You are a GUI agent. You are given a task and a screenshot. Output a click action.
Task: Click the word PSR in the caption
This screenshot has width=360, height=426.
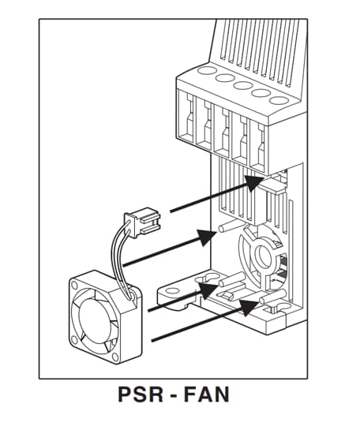141,394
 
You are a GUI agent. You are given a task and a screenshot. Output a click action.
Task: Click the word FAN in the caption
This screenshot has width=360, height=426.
207,394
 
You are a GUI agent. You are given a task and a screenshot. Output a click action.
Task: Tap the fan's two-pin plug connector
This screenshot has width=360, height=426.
142,221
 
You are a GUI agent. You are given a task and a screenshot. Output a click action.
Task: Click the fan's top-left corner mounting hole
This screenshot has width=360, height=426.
74,286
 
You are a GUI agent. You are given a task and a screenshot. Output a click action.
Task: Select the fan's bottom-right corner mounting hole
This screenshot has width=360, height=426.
115,357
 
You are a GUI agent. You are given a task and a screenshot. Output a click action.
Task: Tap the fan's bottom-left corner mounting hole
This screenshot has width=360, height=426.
73,339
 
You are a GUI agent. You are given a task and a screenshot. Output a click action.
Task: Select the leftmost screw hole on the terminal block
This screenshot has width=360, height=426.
206,71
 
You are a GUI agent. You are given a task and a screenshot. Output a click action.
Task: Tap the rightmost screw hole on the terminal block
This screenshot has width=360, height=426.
279,100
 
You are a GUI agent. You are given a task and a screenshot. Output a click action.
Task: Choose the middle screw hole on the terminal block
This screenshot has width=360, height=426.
243,85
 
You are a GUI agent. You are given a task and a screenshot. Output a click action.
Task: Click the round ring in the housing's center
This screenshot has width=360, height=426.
261,255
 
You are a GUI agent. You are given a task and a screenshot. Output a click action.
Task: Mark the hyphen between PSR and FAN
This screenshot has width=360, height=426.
174,396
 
